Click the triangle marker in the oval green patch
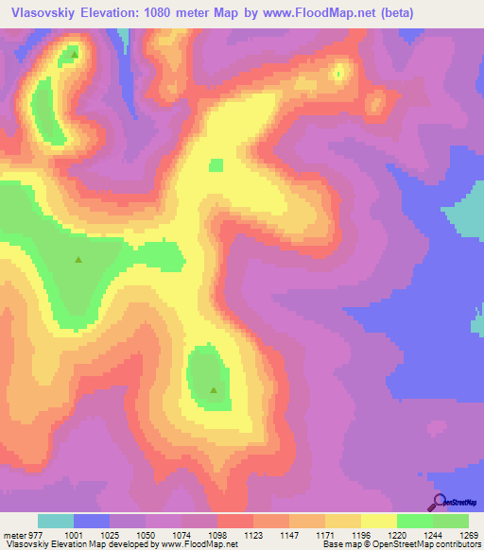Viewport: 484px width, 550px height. click(x=214, y=389)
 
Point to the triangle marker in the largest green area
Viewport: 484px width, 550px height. click(x=78, y=260)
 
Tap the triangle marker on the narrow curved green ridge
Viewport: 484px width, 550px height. click(x=74, y=54)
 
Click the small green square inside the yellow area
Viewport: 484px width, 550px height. click(x=216, y=165)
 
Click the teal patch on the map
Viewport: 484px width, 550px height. click(x=464, y=212)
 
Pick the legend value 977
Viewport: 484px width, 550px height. click(x=35, y=534)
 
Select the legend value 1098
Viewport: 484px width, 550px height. click(x=216, y=534)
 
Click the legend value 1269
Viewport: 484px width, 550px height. click(x=470, y=534)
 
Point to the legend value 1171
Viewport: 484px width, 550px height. click(x=325, y=534)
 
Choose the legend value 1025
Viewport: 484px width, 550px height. click(x=108, y=534)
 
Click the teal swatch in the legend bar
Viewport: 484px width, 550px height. click(x=56, y=521)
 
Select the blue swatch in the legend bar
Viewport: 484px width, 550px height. click(x=92, y=521)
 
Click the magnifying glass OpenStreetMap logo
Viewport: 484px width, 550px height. click(x=438, y=501)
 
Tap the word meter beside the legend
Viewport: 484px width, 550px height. click(x=13, y=534)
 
